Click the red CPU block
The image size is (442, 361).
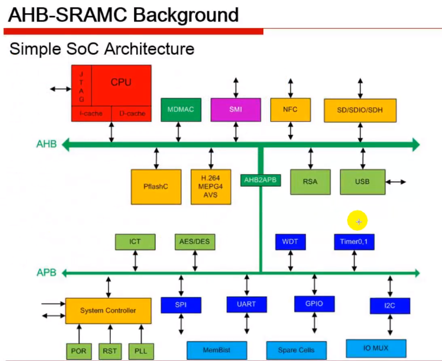[120, 83]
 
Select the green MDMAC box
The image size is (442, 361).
[181, 109]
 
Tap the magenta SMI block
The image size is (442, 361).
[235, 109]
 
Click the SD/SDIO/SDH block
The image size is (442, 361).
[359, 110]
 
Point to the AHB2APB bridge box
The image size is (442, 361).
[260, 181]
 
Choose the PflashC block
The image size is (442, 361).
[156, 186]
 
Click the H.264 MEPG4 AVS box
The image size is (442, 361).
[211, 186]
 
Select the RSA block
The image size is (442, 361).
[310, 182]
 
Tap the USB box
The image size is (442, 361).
[362, 182]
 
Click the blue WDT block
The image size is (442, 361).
[290, 242]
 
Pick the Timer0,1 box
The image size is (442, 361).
[354, 242]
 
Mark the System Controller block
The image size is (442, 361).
[108, 310]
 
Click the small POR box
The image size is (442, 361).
[79, 351]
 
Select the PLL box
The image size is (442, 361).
[141, 351]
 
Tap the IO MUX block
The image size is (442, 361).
[376, 348]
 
